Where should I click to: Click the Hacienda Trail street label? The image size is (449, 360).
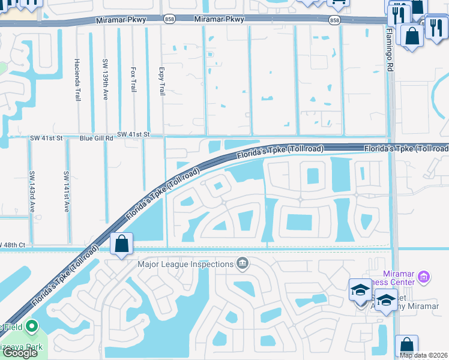point(77,80)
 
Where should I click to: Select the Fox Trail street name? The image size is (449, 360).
point(133,79)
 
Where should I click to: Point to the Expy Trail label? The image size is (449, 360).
point(161,81)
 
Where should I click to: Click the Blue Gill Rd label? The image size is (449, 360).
point(97,138)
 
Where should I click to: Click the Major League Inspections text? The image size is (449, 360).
point(185,264)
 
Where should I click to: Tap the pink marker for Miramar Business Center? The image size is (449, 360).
point(424,277)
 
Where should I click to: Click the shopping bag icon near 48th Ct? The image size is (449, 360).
point(121,244)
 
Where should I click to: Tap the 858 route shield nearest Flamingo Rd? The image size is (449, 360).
point(334,20)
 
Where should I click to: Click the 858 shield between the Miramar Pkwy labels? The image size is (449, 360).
point(169,20)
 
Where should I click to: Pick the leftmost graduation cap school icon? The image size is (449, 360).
point(360,290)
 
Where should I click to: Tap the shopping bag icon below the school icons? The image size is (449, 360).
point(406,346)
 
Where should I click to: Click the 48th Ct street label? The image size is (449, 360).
point(13,245)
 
